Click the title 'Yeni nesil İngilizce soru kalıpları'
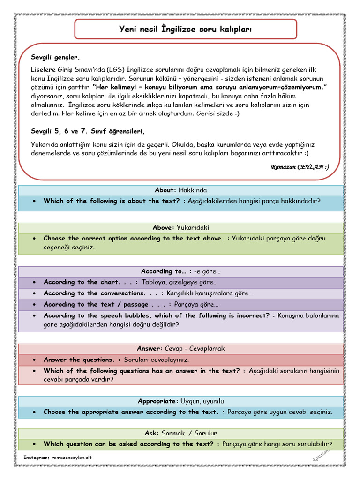tap(186, 30)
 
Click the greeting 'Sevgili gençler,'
tap(55, 58)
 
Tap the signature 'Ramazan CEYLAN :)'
tap(300, 167)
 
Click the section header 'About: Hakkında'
tap(180, 190)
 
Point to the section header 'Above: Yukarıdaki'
tap(180, 227)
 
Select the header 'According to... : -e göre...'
tap(180, 271)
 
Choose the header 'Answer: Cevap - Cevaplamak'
tap(180, 348)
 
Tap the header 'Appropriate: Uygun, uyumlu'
tap(180, 401)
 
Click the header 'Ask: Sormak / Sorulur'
tap(180, 433)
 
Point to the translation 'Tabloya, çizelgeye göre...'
tap(180, 282)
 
